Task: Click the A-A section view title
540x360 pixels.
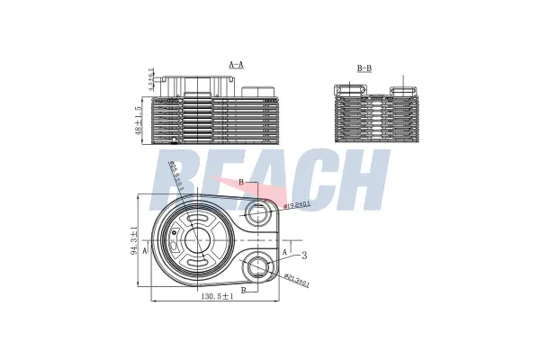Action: [x=237, y=65]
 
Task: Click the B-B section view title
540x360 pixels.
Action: [x=364, y=67]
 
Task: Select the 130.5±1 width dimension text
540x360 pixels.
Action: [x=219, y=297]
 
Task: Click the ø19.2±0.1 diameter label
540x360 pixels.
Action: [x=298, y=205]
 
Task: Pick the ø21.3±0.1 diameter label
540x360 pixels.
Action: [x=297, y=282]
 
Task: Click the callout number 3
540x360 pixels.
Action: [x=304, y=256]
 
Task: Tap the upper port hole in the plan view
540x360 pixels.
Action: [x=259, y=213]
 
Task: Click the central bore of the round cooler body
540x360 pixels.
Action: [x=196, y=239]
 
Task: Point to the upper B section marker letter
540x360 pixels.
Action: [x=241, y=183]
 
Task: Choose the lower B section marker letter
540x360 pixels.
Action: [x=245, y=291]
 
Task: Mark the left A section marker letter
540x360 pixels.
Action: [x=145, y=251]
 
